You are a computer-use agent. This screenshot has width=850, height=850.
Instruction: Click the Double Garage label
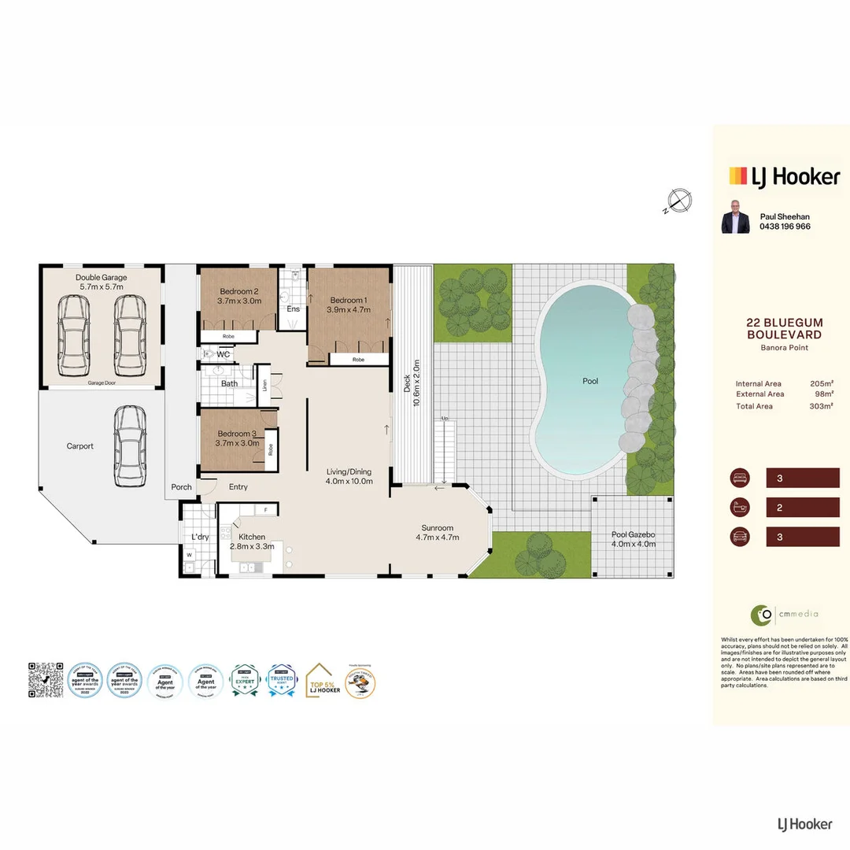click(x=101, y=278)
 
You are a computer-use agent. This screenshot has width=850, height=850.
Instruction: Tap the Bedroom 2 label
click(x=238, y=291)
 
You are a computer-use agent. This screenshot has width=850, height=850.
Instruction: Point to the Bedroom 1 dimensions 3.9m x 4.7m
click(x=348, y=310)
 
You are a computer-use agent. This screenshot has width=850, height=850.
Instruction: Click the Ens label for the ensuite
click(x=293, y=309)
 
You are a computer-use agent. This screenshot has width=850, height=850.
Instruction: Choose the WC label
click(x=223, y=355)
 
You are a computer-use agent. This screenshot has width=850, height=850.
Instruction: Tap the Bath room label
click(x=229, y=384)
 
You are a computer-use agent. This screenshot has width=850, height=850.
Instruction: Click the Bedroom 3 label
click(x=237, y=434)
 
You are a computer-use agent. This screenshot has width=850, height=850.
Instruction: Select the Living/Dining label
click(x=349, y=472)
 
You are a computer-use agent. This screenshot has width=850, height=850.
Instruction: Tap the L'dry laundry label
click(x=199, y=538)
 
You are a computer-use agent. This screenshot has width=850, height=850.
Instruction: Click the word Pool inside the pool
click(x=590, y=381)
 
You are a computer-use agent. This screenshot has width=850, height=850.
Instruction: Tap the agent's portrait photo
click(x=735, y=217)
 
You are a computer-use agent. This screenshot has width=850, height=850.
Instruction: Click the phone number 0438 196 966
click(x=785, y=227)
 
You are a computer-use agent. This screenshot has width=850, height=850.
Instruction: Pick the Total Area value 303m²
click(x=821, y=406)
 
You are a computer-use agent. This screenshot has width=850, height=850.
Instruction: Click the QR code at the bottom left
click(x=46, y=679)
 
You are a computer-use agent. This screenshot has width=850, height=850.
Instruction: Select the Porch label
click(x=181, y=487)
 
